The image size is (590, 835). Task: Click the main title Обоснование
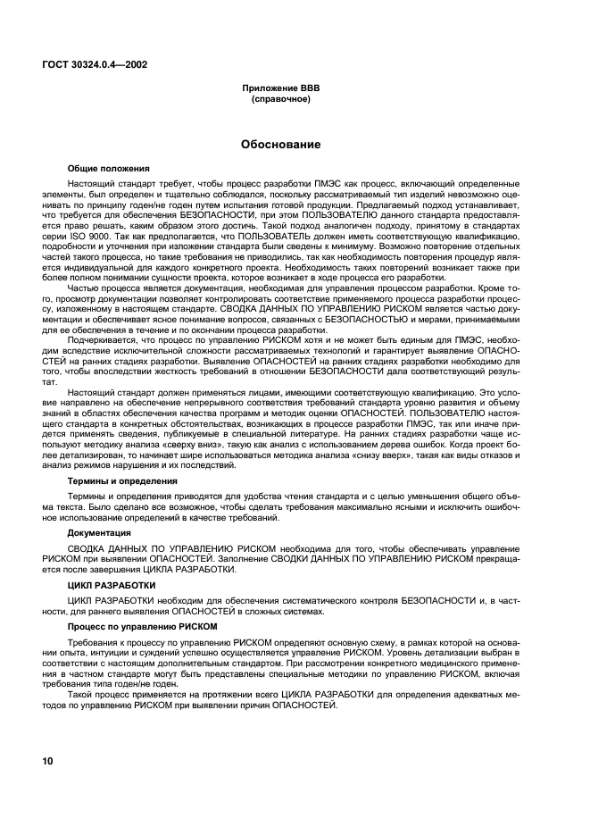(281, 145)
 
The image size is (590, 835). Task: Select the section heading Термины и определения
(122, 480)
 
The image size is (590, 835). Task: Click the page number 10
(47, 761)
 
